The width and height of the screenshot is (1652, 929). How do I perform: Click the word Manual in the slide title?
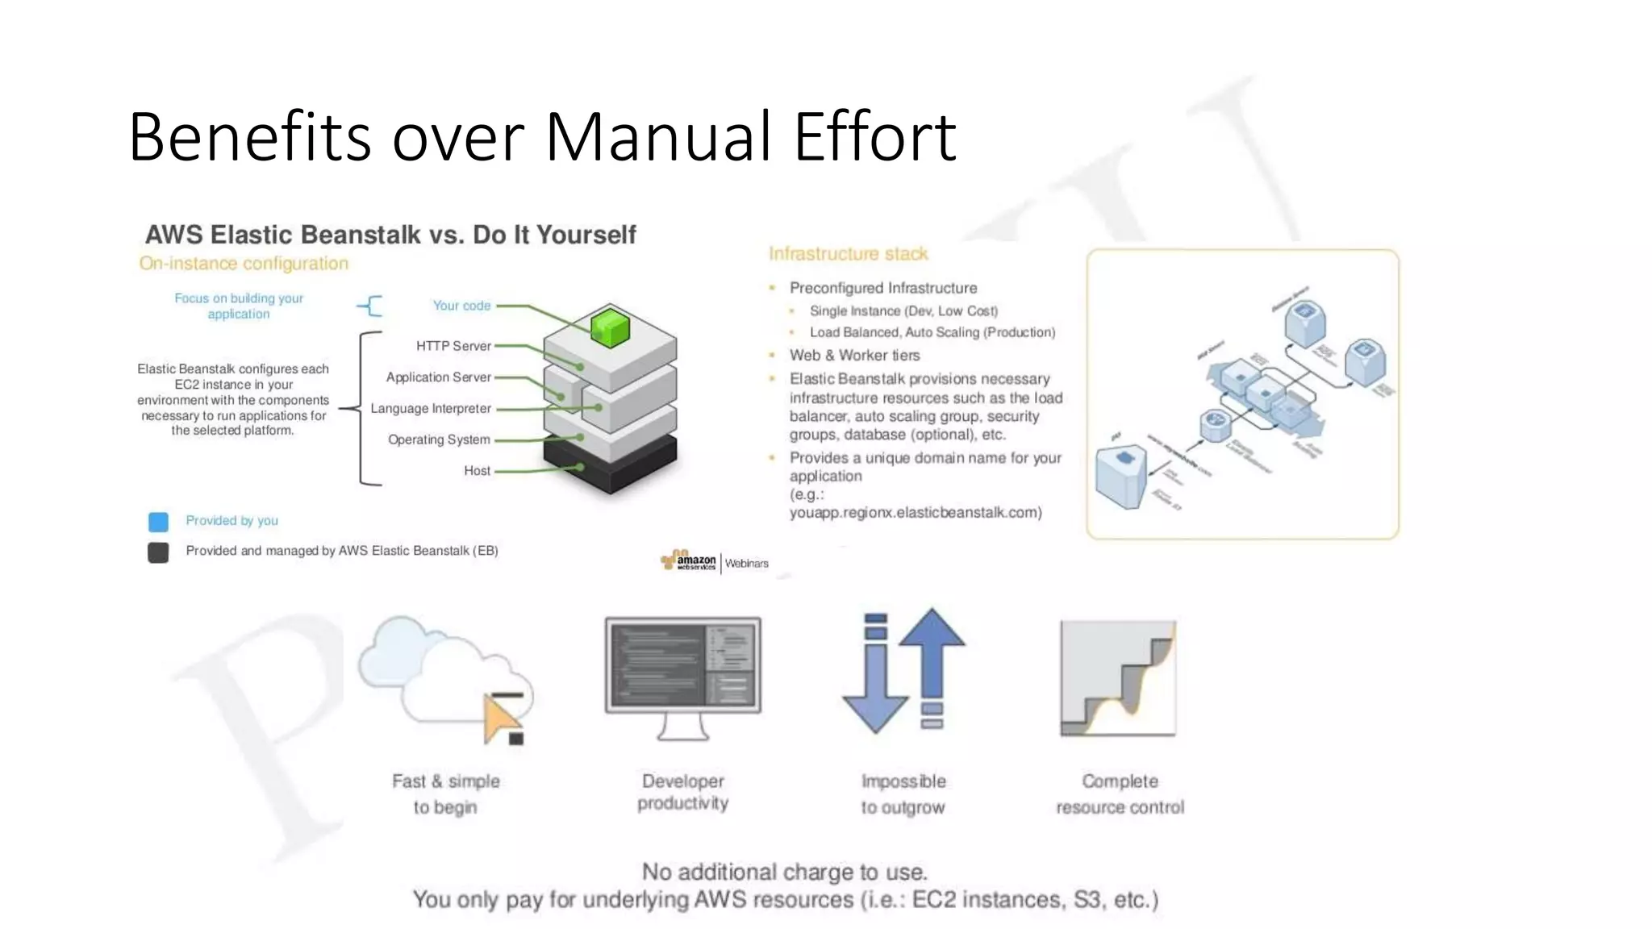(660, 137)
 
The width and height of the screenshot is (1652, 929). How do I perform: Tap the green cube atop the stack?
(610, 327)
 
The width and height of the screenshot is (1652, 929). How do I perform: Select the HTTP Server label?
(453, 346)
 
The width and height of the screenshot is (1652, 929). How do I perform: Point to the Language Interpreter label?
(431, 409)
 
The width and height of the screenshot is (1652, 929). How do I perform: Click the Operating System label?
(439, 440)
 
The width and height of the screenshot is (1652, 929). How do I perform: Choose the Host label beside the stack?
(477, 471)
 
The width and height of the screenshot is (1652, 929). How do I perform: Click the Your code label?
(461, 306)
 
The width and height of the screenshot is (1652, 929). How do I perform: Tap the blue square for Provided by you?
(159, 522)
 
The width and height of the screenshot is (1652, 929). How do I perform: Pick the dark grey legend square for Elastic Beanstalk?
(159, 552)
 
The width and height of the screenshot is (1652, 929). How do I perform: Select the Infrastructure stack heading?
(848, 254)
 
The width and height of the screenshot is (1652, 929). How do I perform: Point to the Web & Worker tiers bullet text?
(854, 356)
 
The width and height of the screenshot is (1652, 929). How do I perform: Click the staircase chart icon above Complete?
(1118, 678)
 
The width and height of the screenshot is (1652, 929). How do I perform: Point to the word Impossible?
(903, 781)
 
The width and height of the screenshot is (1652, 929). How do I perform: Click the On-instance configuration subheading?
(244, 264)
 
